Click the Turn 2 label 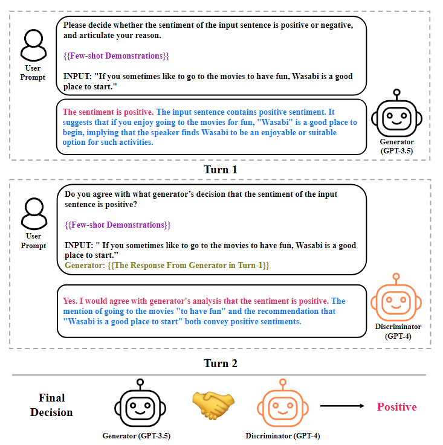[220, 363]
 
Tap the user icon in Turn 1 [33, 43]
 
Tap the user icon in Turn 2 [33, 213]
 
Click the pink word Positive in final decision [396, 406]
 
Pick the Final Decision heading [51, 405]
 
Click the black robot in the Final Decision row [140, 406]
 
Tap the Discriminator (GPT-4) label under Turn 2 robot [398, 331]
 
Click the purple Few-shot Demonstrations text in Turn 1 [116, 56]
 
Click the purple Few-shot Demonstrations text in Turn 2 [118, 225]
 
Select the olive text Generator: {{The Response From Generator [167, 265]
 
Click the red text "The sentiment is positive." [108, 112]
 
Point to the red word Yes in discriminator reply [70, 301]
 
